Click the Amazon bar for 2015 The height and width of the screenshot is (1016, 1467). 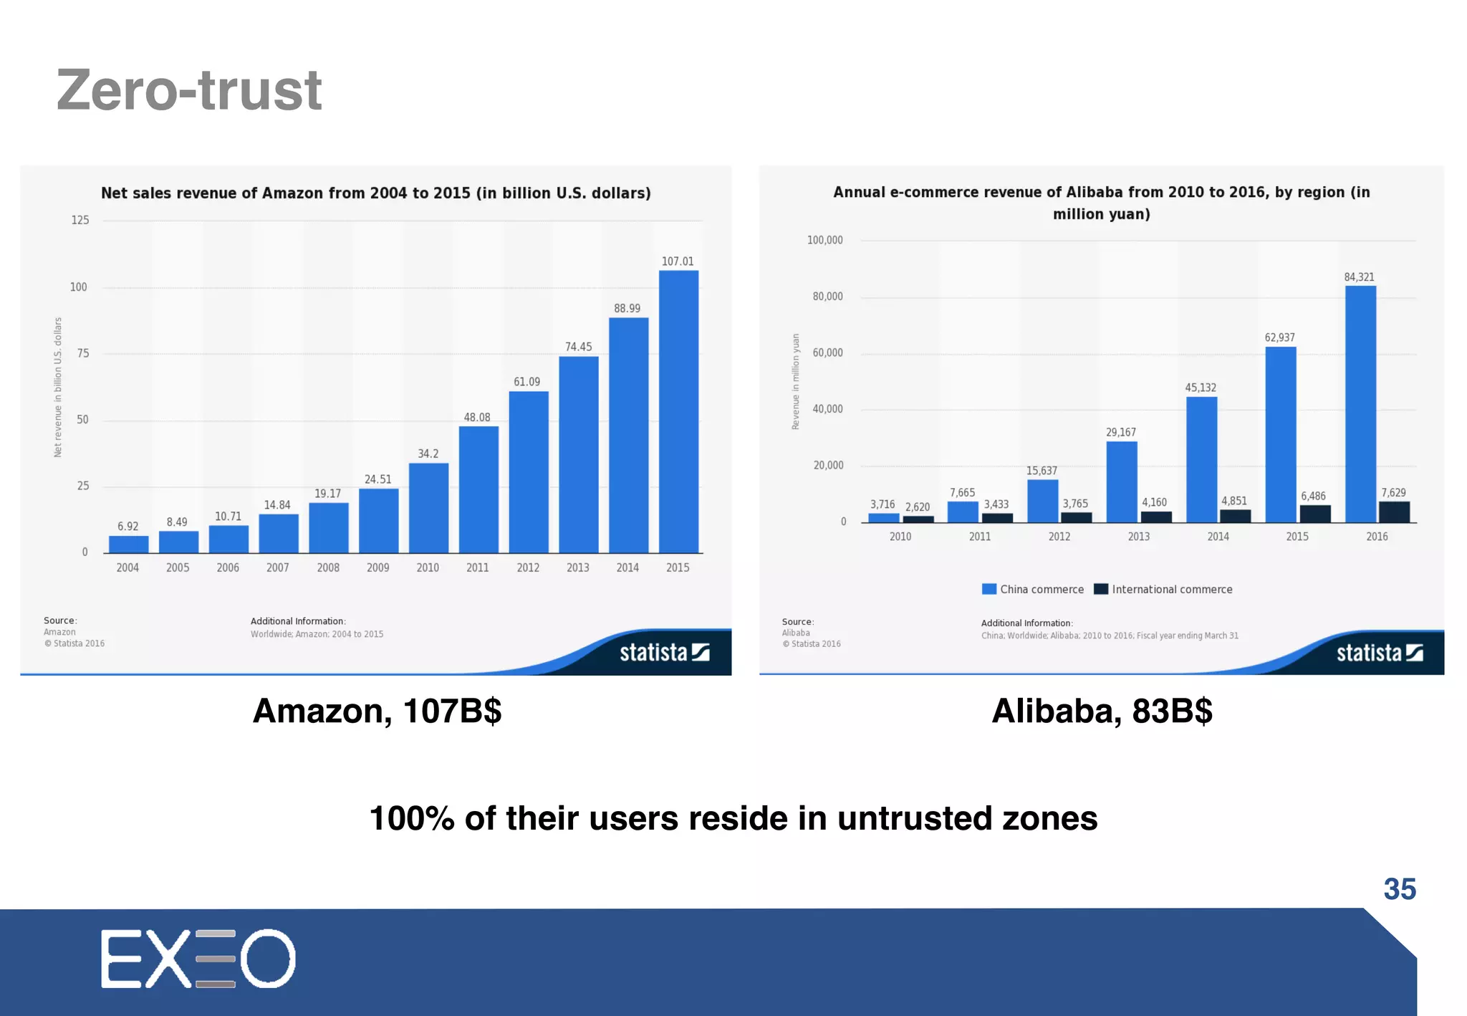pyautogui.click(x=678, y=411)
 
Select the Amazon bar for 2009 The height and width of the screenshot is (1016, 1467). pyautogui.click(x=378, y=520)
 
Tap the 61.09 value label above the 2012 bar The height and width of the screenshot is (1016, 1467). pyautogui.click(x=526, y=382)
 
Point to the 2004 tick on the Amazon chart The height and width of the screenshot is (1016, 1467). pyautogui.click(x=128, y=567)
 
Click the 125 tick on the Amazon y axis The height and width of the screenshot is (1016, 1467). pyautogui.click(x=80, y=220)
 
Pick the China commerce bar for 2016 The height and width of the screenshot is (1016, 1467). pyautogui.click(x=1360, y=404)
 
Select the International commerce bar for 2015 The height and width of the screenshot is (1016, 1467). pyautogui.click(x=1315, y=514)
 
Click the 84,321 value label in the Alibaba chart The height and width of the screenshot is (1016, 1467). pyautogui.click(x=1359, y=277)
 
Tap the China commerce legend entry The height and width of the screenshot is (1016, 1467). pyautogui.click(x=1033, y=589)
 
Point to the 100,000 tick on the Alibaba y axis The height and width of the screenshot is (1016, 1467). pyautogui.click(x=824, y=240)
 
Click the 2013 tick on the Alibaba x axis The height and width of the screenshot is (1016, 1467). pyautogui.click(x=1138, y=537)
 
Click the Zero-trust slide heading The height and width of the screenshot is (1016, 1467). pyautogui.click(x=189, y=90)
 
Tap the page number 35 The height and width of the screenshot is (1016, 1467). pyautogui.click(x=1399, y=889)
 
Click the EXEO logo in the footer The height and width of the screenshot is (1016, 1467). pyautogui.click(x=198, y=959)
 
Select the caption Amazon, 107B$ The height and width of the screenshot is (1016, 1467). pyautogui.click(x=377, y=711)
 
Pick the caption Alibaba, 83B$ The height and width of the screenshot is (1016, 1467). pyautogui.click(x=1102, y=711)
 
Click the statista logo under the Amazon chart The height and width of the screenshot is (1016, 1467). pyautogui.click(x=664, y=652)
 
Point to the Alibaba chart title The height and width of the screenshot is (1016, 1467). pyautogui.click(x=1101, y=203)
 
